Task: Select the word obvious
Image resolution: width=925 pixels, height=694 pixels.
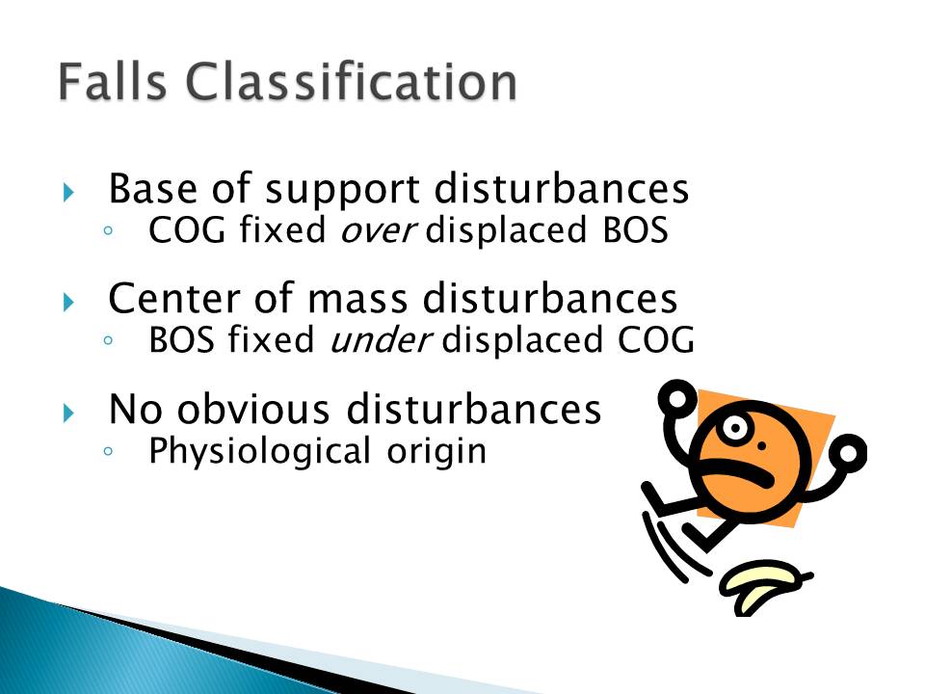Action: pos(253,410)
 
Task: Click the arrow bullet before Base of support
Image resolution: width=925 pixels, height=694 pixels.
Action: pos(68,192)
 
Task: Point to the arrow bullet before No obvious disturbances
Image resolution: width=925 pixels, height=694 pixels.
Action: pos(68,413)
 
